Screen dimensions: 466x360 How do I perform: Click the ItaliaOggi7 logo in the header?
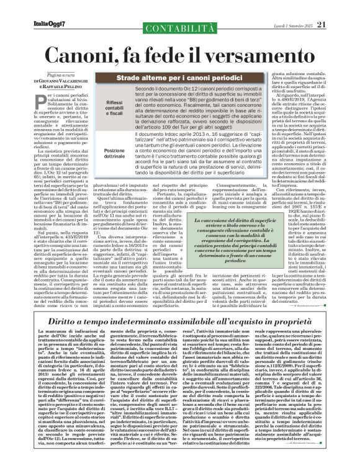click(32, 7)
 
